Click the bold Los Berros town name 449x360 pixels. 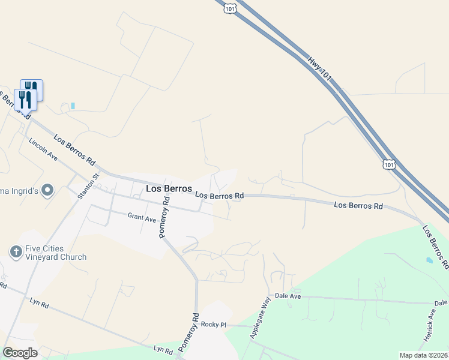[x=169, y=188]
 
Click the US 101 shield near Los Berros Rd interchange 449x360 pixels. [x=389, y=164]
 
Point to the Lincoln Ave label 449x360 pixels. [x=43, y=149]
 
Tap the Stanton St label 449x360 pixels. [x=93, y=185]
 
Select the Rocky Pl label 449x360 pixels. [x=213, y=325]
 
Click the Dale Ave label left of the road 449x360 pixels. [x=286, y=296]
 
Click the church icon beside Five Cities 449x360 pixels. [x=16, y=250]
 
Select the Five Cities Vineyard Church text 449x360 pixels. [x=56, y=253]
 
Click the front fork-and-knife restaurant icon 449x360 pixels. [x=25, y=100]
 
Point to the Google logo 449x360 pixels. [x=20, y=353]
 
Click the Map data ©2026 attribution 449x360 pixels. [x=423, y=355]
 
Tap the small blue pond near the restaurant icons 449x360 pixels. [x=73, y=106]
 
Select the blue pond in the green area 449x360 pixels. [x=428, y=261]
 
